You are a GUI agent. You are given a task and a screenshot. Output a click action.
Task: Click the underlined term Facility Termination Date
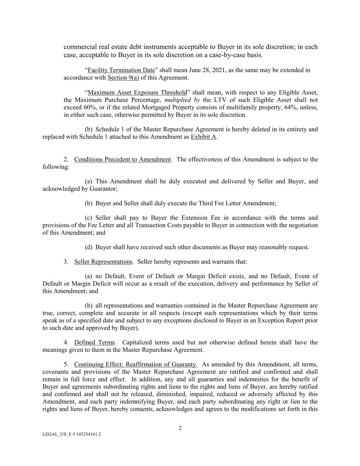(x=121, y=70)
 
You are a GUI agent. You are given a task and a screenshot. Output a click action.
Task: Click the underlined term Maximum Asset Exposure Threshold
(x=137, y=93)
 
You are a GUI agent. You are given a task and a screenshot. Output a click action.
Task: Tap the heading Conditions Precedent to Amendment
(x=122, y=159)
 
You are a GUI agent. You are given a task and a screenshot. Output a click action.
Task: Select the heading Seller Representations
(x=103, y=262)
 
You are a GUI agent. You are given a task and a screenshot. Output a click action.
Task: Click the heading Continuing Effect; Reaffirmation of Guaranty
(x=135, y=364)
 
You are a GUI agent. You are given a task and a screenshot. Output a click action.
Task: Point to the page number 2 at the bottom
(x=180, y=428)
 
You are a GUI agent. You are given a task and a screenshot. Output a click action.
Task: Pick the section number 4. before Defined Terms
(x=66, y=342)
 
